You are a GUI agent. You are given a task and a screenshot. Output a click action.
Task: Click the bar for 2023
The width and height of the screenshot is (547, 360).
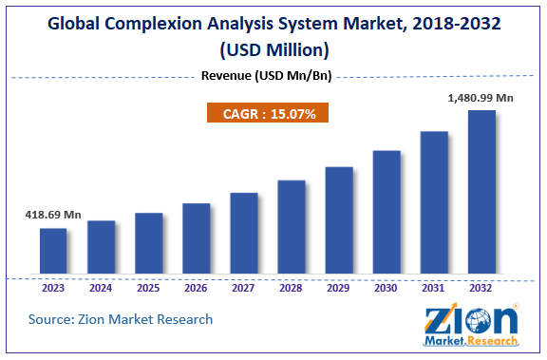53,251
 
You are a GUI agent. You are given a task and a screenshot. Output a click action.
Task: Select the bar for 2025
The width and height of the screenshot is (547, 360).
148,243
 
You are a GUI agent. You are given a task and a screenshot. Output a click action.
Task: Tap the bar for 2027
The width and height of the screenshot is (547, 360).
243,233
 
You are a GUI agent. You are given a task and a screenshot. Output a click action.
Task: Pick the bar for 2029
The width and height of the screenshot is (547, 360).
339,220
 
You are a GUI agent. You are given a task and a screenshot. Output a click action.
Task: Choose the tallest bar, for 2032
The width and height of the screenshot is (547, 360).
481,192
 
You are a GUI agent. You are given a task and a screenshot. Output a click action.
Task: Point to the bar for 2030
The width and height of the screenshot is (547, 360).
387,212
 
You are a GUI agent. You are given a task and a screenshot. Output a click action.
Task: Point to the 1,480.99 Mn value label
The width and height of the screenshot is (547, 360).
481,98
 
